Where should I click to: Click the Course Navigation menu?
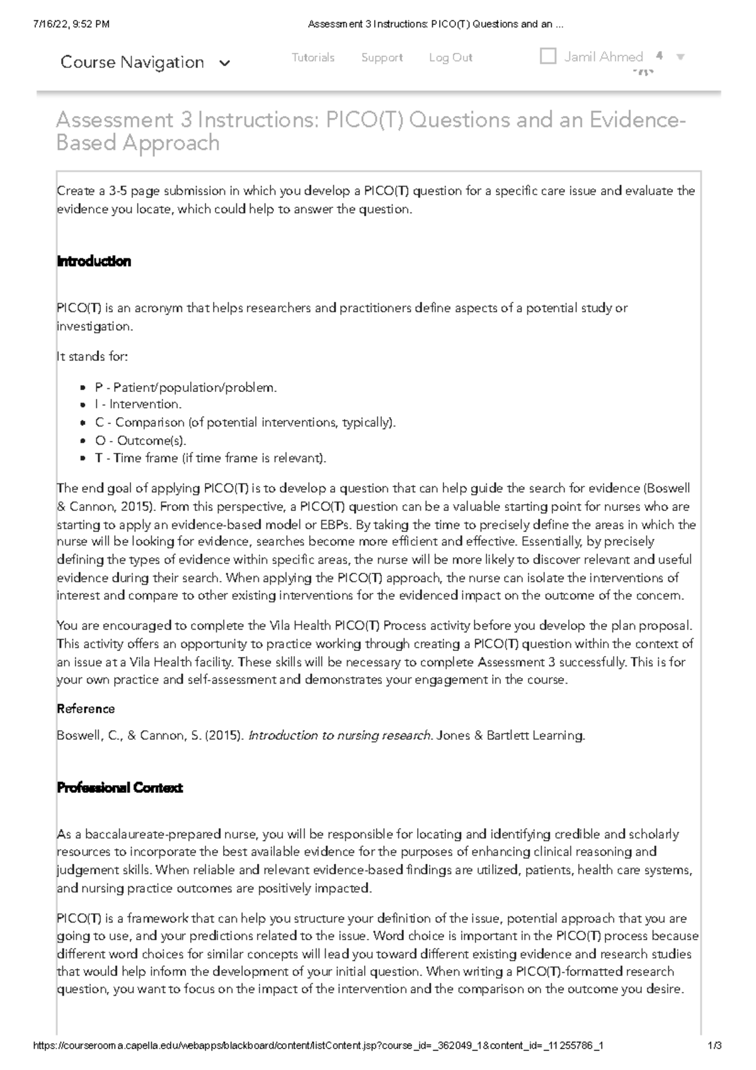tap(145, 62)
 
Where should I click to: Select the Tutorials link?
tap(313, 57)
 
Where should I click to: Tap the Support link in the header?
tap(382, 57)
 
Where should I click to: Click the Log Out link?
tap(450, 57)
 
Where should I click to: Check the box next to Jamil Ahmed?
tap(548, 56)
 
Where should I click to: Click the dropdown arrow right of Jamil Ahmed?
tap(680, 57)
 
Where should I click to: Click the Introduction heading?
tap(94, 262)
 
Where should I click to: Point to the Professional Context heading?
tap(120, 788)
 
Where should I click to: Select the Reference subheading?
tap(86, 709)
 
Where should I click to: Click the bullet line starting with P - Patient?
tap(185, 388)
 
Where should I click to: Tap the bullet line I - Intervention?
tap(138, 405)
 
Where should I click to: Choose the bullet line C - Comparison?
tap(245, 422)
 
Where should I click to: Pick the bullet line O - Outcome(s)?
tap(140, 440)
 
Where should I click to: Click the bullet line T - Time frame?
tap(210, 458)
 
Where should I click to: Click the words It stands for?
tap(92, 357)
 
